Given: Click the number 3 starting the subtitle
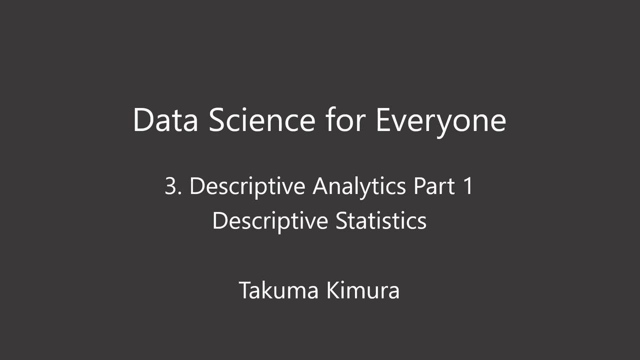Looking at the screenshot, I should [x=170, y=186].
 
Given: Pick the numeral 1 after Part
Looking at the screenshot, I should [x=467, y=186].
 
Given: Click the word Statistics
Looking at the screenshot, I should [x=380, y=220].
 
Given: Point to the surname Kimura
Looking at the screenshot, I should [x=363, y=290].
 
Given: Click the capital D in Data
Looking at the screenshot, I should [x=143, y=120].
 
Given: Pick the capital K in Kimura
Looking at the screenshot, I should [x=332, y=290].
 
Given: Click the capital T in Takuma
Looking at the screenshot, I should [x=245, y=290].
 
